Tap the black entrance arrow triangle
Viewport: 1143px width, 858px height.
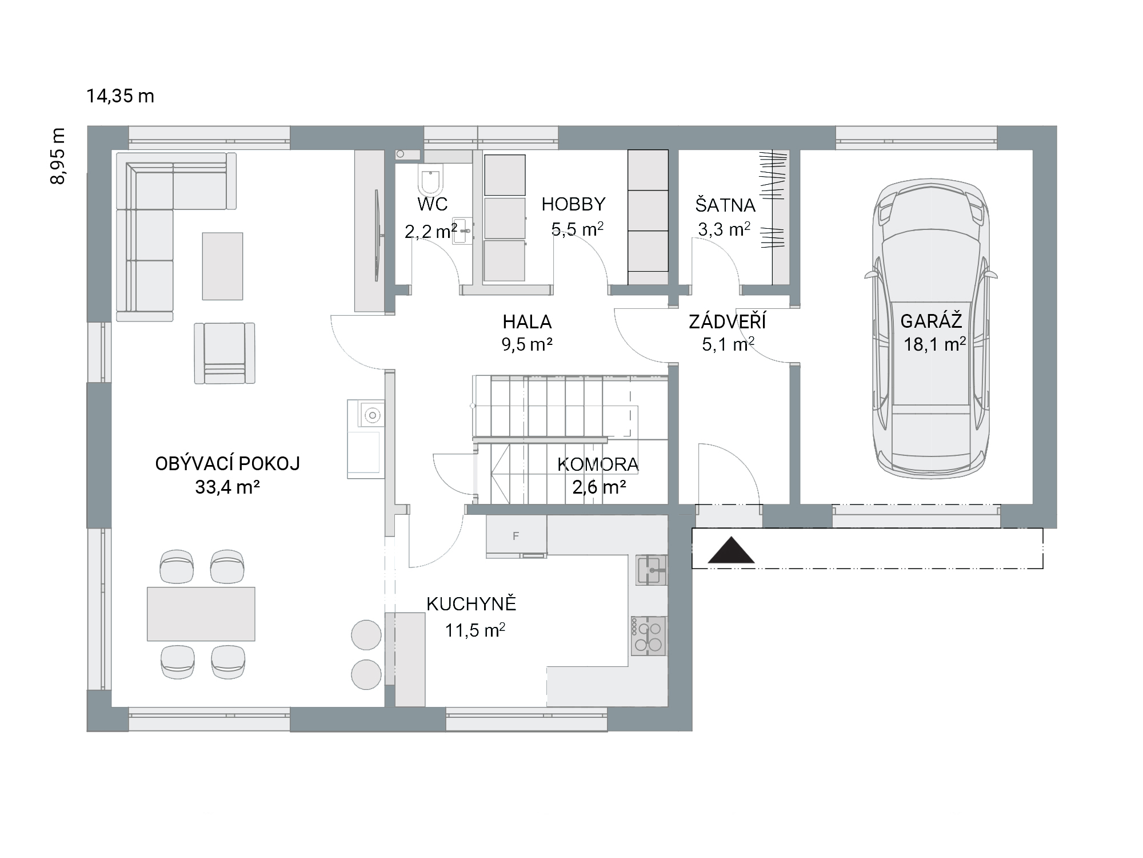[731, 550]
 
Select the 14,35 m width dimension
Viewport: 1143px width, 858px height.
[121, 96]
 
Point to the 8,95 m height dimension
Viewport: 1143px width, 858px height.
[58, 156]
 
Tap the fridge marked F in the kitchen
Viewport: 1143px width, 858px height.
[517, 536]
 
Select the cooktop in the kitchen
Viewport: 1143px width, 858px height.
[649, 635]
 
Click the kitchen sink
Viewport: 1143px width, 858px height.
[652, 570]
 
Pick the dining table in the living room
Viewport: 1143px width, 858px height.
[201, 614]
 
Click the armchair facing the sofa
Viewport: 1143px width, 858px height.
[225, 353]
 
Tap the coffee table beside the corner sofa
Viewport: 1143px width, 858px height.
[222, 266]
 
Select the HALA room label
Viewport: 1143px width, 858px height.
[527, 322]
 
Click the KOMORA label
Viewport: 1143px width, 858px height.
[598, 464]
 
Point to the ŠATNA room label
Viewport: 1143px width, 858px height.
[725, 205]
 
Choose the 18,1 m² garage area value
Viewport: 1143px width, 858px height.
[935, 344]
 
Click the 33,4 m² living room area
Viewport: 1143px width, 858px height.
[227, 487]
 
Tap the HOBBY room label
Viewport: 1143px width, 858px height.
[573, 204]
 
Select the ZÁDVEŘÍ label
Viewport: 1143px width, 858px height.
[728, 321]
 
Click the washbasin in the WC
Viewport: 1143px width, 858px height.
[462, 231]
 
